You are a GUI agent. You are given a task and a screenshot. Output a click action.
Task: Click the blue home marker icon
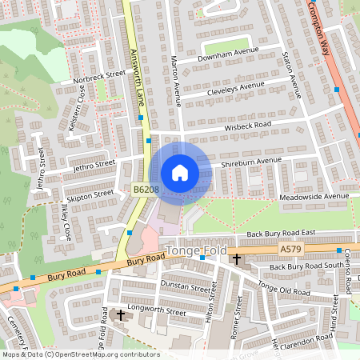tap(180, 172)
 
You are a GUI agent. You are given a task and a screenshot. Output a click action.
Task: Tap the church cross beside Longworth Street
tap(121, 315)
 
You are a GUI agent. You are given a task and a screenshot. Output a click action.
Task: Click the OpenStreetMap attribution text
tap(81, 354)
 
